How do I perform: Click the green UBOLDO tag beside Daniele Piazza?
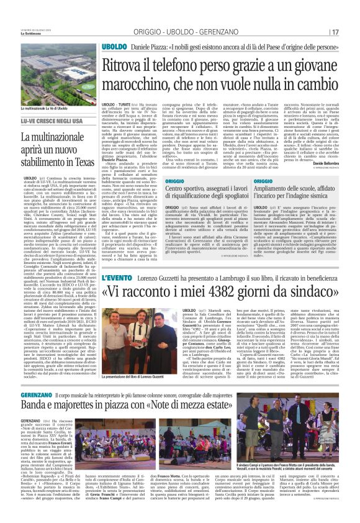(x=114, y=47)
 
